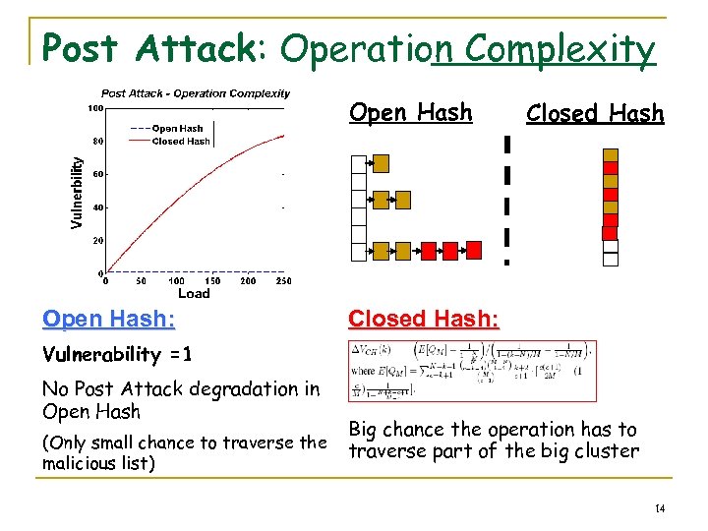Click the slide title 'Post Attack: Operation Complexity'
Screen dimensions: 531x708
349,47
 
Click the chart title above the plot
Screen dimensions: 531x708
196,93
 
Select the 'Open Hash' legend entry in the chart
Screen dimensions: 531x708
177,128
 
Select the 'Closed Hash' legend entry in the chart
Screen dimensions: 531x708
180,141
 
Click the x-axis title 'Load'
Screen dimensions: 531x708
194,293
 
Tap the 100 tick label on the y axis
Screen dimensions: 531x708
96,107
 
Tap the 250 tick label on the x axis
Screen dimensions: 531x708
283,280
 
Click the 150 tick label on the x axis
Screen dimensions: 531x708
212,280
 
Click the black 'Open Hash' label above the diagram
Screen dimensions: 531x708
411,113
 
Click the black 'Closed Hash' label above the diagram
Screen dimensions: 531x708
595,114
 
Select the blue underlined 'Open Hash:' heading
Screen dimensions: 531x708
109,320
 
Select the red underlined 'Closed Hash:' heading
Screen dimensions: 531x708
423,320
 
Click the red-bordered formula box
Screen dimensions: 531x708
472,371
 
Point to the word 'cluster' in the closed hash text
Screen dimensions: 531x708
604,451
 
